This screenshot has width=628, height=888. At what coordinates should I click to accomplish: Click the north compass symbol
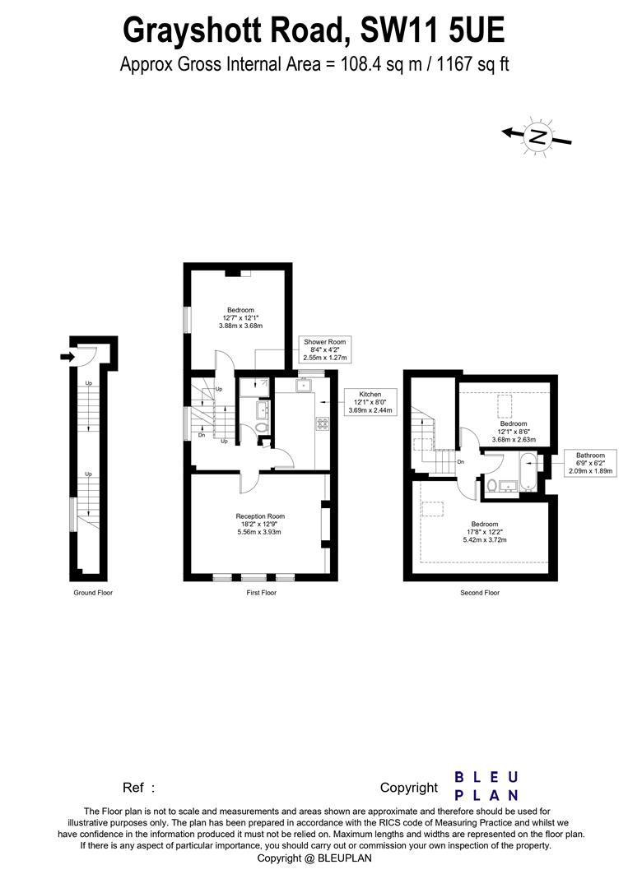537,136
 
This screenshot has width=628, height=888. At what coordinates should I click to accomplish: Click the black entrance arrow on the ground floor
67,356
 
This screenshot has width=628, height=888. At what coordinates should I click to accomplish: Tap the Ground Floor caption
93,593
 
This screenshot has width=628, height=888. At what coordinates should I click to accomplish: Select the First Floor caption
261,593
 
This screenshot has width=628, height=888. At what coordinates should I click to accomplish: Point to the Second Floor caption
480,593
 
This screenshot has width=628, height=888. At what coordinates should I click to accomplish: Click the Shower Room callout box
325,350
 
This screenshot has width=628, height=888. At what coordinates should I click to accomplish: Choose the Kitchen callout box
370,402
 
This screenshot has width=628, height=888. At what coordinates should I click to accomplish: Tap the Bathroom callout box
590,463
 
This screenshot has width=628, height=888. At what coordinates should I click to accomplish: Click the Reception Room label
260,524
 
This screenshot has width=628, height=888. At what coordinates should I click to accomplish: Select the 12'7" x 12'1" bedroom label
240,317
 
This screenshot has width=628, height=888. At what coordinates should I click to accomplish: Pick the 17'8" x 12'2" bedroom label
485,532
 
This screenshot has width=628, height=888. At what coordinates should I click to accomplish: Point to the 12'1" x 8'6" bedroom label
514,432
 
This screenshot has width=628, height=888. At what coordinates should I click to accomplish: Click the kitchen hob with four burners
323,423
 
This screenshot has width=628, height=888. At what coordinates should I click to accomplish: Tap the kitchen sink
303,386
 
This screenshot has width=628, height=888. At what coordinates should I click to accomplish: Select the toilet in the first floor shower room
261,428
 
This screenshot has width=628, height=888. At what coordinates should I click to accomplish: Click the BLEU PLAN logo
486,786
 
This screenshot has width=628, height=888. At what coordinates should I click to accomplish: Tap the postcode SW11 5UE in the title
432,30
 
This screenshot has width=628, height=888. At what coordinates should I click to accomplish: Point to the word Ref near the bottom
133,788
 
